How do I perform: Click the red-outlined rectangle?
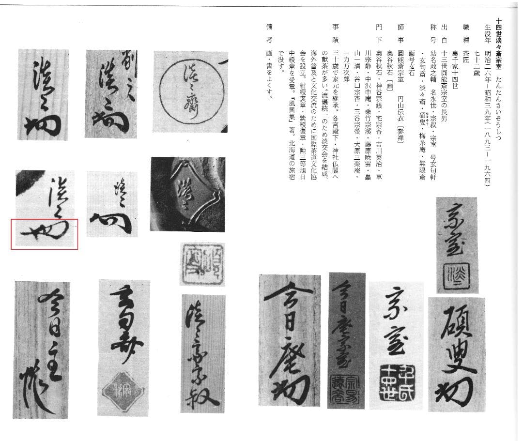click(x=45, y=234)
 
